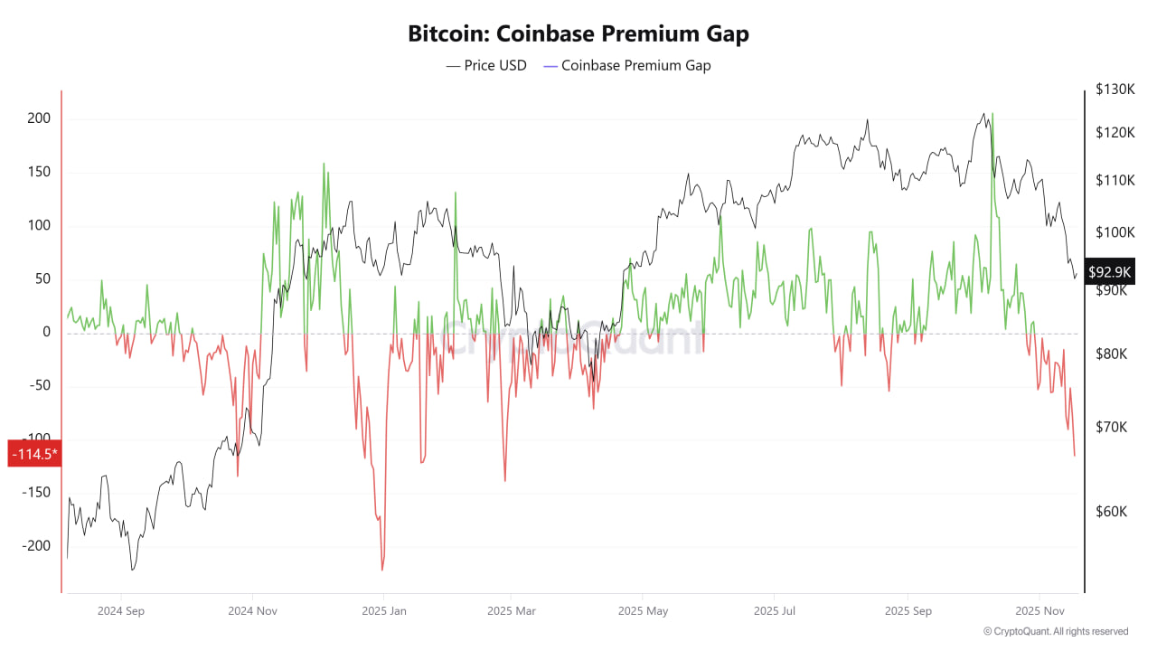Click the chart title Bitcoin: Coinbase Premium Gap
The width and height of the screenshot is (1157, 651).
pyautogui.click(x=578, y=34)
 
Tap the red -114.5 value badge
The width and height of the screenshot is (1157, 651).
pyautogui.click(x=33, y=453)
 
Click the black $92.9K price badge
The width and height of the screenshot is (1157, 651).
pyautogui.click(x=1110, y=271)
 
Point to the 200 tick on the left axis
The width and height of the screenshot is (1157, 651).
pyautogui.click(x=39, y=118)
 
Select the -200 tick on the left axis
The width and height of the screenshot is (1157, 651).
pyautogui.click(x=37, y=546)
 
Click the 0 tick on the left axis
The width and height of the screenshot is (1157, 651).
pyautogui.click(x=46, y=332)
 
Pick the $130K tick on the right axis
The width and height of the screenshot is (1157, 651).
pyautogui.click(x=1114, y=90)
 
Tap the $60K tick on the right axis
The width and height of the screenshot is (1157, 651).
pyautogui.click(x=1111, y=512)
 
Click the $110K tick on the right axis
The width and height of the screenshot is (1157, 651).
pyautogui.click(x=1114, y=180)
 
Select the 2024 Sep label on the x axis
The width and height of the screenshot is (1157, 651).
pyautogui.click(x=121, y=611)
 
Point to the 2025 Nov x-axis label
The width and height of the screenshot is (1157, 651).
pyautogui.click(x=1040, y=611)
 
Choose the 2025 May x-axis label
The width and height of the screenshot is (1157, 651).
pyautogui.click(x=643, y=611)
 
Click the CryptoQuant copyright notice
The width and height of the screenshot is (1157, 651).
pyautogui.click(x=1056, y=631)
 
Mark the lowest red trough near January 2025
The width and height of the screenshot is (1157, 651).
pyautogui.click(x=382, y=569)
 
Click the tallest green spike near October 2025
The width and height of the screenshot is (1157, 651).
pyautogui.click(x=992, y=115)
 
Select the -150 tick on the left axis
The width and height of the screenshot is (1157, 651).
pyautogui.click(x=37, y=493)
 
